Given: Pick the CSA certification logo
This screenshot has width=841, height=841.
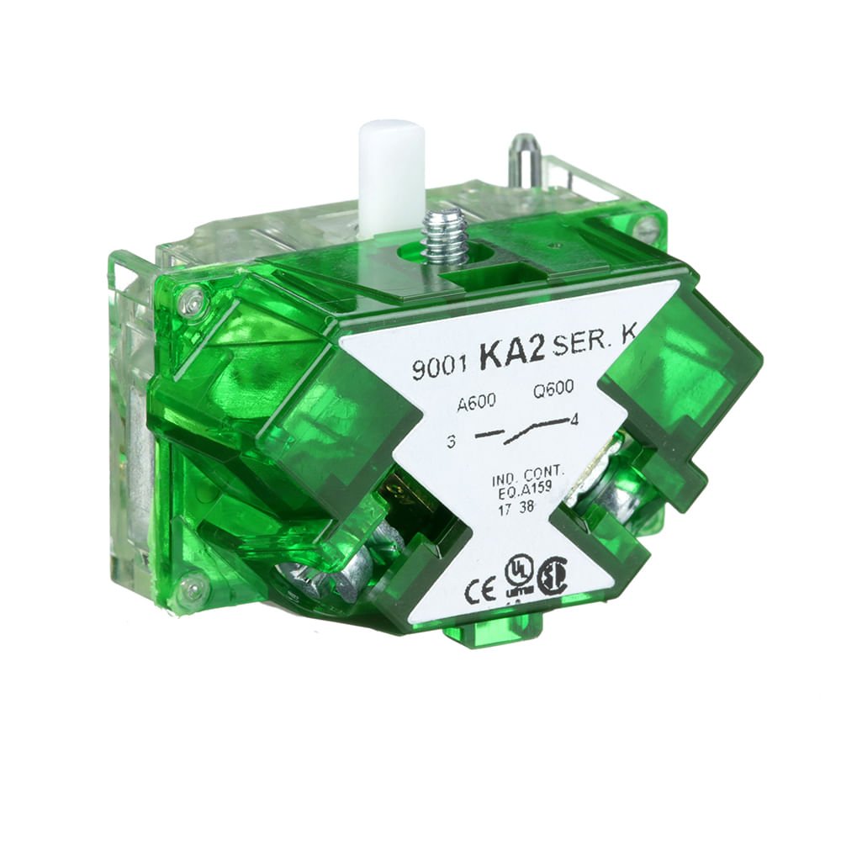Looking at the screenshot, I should point(553,578).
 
